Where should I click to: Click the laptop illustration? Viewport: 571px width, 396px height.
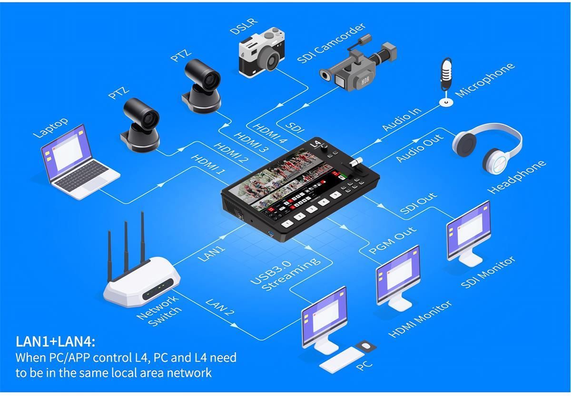coord(79,163)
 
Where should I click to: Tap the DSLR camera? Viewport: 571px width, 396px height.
coord(262,52)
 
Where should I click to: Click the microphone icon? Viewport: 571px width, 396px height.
coord(446,81)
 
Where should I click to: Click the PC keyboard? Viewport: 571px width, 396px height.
coord(342,360)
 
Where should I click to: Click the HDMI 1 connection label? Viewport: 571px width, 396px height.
coord(208,165)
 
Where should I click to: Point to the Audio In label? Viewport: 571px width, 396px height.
coord(401,119)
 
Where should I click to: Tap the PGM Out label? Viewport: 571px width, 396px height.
coord(392,240)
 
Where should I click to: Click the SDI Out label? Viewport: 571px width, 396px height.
coord(418,203)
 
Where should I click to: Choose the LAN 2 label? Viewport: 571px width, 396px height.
coord(220,307)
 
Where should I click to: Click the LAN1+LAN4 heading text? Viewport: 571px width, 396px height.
coord(55,342)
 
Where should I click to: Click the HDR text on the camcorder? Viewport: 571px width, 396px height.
coord(365,80)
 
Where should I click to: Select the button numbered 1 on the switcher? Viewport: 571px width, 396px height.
coord(287,224)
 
